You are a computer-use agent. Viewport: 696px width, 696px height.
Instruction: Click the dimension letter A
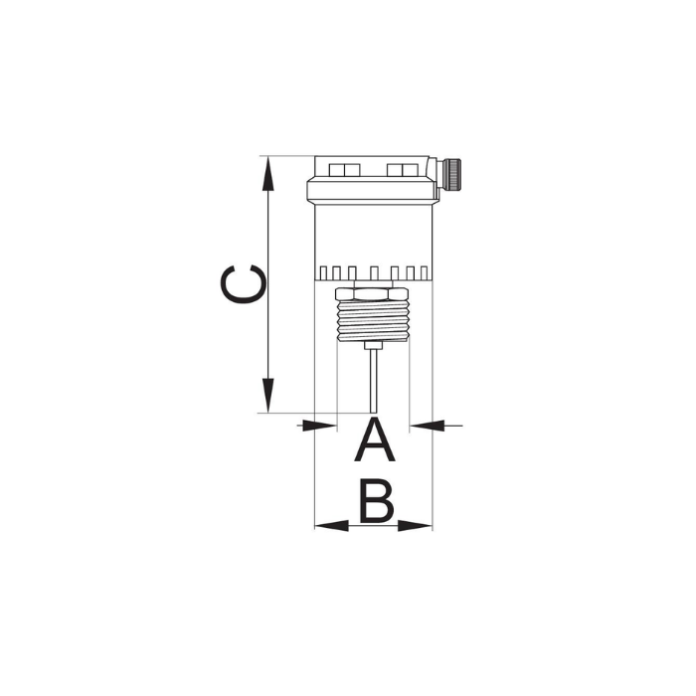click(375, 439)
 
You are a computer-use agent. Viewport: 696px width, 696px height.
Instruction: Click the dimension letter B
click(377, 500)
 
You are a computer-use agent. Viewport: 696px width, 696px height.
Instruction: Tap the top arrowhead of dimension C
click(267, 174)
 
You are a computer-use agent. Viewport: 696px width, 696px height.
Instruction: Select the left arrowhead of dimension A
click(319, 426)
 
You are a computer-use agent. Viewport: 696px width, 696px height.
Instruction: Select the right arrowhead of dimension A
click(427, 426)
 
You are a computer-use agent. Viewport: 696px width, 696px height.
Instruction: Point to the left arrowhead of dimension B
click(331, 526)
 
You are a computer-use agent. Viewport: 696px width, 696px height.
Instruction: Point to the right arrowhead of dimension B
click(415, 526)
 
